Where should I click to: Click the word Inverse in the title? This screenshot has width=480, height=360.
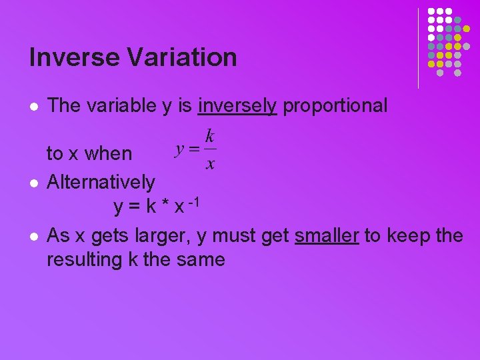pos(72,57)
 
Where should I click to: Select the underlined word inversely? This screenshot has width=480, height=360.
pos(237,106)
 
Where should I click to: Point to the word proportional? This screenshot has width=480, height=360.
pos(335,105)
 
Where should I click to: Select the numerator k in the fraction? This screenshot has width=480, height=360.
pos(209,137)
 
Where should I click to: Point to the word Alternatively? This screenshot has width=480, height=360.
pos(101,181)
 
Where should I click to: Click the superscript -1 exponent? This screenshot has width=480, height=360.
pos(194,202)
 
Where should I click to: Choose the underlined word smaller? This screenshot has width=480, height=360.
pos(327,236)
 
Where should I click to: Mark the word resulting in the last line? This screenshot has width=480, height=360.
pos(85,259)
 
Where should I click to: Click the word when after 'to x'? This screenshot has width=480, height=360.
pos(109,154)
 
